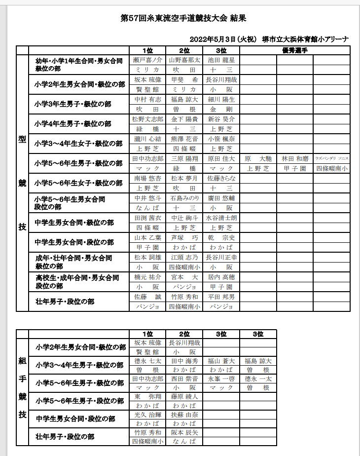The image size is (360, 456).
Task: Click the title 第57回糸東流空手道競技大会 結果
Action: pyautogui.click(x=183, y=19)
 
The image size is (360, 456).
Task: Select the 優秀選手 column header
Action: pyautogui.click(x=295, y=50)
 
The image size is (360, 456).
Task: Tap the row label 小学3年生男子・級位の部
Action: pyautogui.click(x=73, y=104)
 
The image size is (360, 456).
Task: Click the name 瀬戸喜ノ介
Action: pyautogui.click(x=147, y=60)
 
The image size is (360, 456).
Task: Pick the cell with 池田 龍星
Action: pyautogui.click(x=221, y=60)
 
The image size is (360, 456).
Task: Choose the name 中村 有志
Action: pyautogui.click(x=147, y=99)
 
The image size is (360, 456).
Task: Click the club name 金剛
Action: pyautogui.click(x=221, y=109)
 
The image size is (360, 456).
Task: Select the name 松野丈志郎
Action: pyautogui.click(x=147, y=119)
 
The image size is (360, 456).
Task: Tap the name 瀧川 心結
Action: pyautogui.click(x=147, y=139)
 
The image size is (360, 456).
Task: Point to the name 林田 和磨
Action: pyautogui.click(x=295, y=158)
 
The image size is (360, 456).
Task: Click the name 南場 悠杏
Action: pyautogui.click(x=147, y=178)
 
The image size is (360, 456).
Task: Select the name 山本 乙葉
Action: pyautogui.click(x=147, y=237)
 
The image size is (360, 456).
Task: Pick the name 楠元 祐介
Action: pyautogui.click(x=147, y=277)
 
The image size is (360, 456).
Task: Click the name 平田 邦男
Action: pyautogui.click(x=221, y=297)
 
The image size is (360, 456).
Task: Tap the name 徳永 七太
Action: pyautogui.click(x=147, y=361)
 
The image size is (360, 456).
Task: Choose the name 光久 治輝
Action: pyautogui.click(x=147, y=415)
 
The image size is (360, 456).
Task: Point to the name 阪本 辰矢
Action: pyautogui.click(x=184, y=432)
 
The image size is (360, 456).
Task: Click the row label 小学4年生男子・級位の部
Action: pyautogui.click(x=73, y=124)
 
